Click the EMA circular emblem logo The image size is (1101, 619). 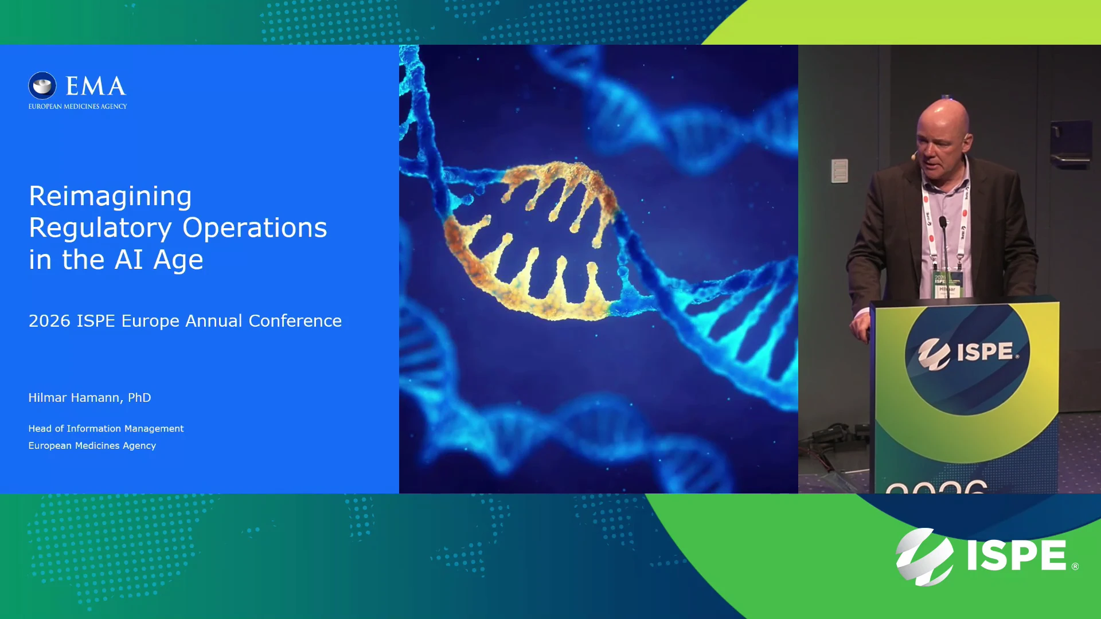pyautogui.click(x=42, y=86)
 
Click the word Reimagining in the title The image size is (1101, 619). pyautogui.click(x=110, y=197)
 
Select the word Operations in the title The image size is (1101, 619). pyautogui.click(x=255, y=229)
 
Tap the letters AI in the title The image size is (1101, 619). pyautogui.click(x=128, y=260)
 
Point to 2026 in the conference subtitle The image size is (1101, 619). pyautogui.click(x=49, y=320)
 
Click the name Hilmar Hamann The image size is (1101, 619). pyautogui.click(x=74, y=398)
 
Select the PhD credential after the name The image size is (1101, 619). pyautogui.click(x=139, y=397)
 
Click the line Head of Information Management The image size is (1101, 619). pyautogui.click(x=106, y=428)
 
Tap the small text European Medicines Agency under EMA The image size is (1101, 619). pyautogui.click(x=77, y=106)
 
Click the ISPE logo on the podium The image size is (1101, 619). pyautogui.click(x=967, y=352)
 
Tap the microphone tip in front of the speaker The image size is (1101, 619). pyautogui.click(x=942, y=221)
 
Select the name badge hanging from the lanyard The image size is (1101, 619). pyautogui.click(x=947, y=284)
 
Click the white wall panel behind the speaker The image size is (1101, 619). pyautogui.click(x=840, y=171)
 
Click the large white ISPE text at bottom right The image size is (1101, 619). pyautogui.click(x=1017, y=555)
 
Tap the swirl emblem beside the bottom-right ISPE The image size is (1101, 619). pyautogui.click(x=924, y=557)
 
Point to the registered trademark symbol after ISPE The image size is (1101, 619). pyautogui.click(x=1075, y=566)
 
